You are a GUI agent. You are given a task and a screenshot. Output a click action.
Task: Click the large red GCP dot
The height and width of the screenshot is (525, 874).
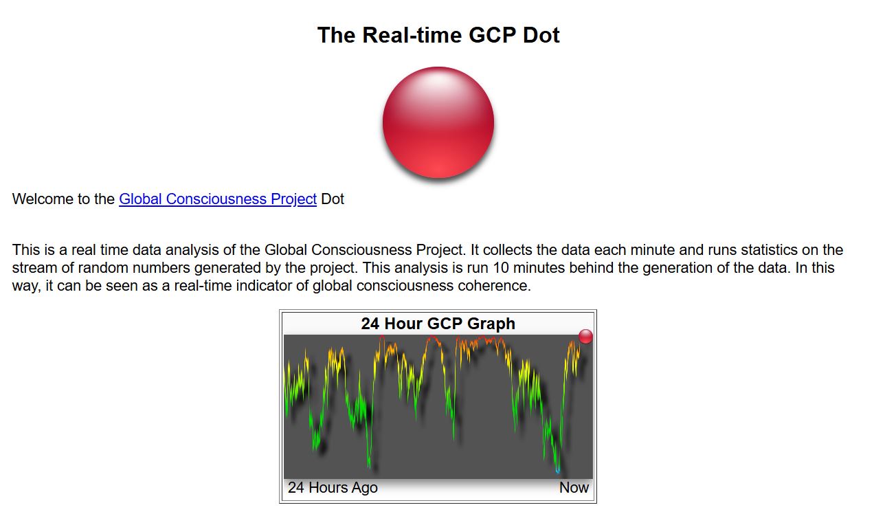(x=438, y=122)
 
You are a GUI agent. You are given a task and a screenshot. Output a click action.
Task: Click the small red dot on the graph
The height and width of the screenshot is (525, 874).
(x=585, y=337)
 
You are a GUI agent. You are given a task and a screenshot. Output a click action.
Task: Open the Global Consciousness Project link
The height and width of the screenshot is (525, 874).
(x=218, y=199)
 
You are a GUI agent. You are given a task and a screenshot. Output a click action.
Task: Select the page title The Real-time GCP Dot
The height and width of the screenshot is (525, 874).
(x=438, y=35)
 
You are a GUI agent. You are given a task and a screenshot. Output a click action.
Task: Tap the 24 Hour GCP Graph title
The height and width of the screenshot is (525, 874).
(x=438, y=324)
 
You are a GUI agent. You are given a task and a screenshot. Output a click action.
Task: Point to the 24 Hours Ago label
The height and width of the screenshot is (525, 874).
(x=333, y=487)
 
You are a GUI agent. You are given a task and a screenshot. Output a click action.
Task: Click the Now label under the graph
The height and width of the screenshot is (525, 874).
(x=574, y=487)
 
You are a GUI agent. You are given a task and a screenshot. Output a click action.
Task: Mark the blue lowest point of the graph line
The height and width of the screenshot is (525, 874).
(x=557, y=471)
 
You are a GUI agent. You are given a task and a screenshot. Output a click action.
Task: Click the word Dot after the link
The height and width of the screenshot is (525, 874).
(x=333, y=199)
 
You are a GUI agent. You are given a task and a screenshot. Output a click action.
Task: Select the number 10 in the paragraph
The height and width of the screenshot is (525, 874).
(x=501, y=268)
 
